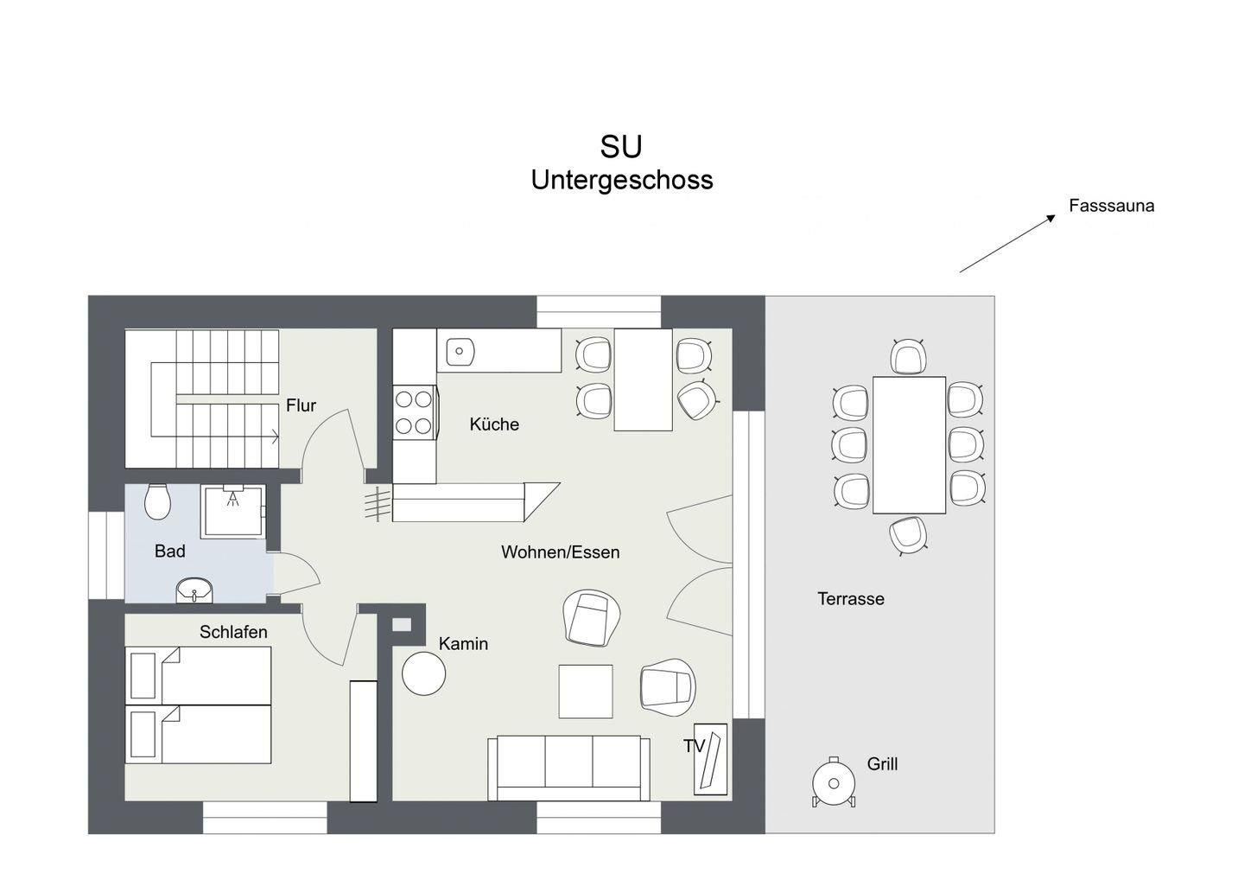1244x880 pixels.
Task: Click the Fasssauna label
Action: [x=1111, y=206]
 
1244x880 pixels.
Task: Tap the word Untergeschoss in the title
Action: [x=622, y=180]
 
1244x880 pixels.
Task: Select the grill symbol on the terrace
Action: [x=833, y=782]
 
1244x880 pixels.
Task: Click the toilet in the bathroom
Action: [x=158, y=501]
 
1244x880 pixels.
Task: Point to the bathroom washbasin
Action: [x=194, y=590]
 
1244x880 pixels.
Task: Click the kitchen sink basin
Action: [x=460, y=351]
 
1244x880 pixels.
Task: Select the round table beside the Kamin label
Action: [x=423, y=673]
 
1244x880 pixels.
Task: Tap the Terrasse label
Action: [x=851, y=599]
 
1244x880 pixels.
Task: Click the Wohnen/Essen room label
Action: [x=561, y=552]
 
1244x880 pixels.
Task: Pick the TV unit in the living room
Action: [x=710, y=759]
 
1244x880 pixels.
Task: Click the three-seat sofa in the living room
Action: [x=568, y=768]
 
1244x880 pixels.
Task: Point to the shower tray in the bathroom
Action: [x=232, y=512]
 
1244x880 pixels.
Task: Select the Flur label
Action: [x=301, y=405]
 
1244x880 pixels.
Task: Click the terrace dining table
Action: [x=909, y=445]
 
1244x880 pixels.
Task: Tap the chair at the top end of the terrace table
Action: [x=908, y=356]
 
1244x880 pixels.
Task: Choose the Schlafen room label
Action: [x=233, y=632]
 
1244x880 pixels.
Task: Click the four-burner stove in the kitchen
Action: [x=415, y=412]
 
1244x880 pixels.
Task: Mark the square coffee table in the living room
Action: [x=586, y=691]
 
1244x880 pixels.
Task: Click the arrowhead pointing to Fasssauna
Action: [x=1050, y=219]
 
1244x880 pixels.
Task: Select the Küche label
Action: [x=494, y=424]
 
